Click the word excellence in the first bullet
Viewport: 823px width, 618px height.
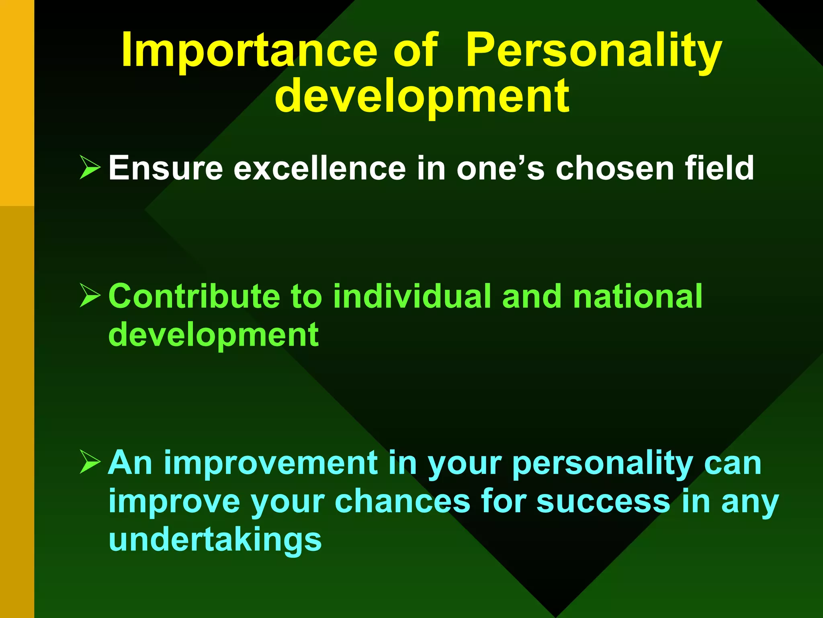pos(320,168)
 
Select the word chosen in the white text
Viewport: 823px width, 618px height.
pos(615,168)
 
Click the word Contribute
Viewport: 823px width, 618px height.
pos(194,297)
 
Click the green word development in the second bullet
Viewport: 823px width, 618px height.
pos(213,335)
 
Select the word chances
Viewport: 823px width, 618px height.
pos(402,502)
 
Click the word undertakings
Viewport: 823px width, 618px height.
pos(215,540)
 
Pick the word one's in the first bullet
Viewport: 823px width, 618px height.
pos(500,168)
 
